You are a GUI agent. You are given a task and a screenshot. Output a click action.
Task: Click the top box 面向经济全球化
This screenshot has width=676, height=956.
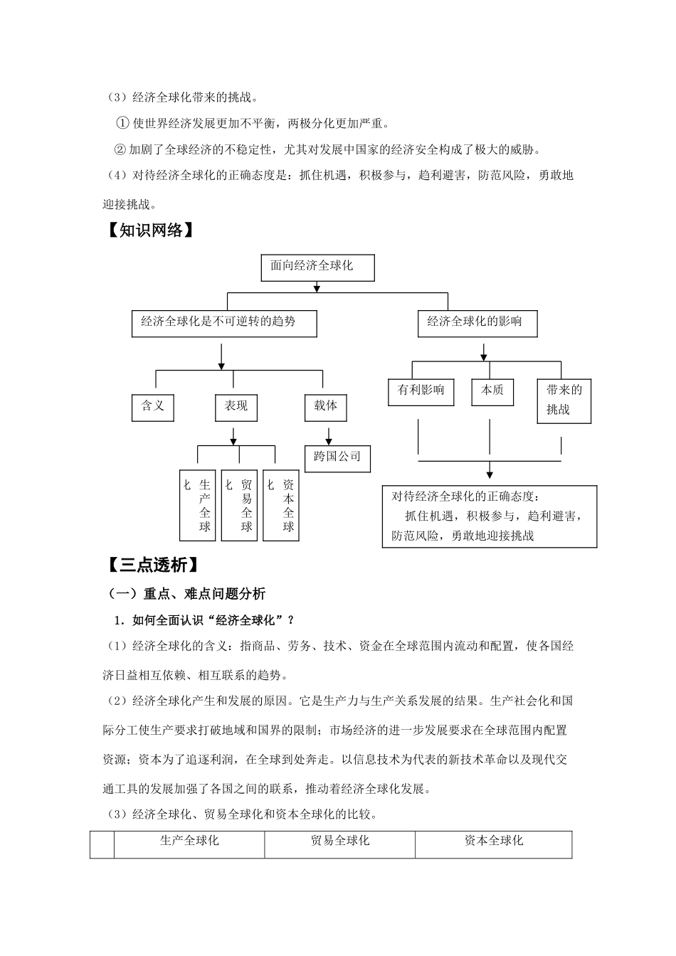pyautogui.click(x=317, y=267)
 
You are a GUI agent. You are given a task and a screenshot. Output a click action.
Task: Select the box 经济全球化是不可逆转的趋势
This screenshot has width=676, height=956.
pyautogui.click(x=224, y=323)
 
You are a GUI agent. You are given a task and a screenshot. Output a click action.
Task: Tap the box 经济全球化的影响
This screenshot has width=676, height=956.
pyautogui.click(x=477, y=323)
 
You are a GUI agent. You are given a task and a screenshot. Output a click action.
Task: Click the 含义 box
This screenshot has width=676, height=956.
pyautogui.click(x=153, y=406)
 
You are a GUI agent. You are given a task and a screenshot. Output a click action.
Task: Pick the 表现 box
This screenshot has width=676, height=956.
pyautogui.click(x=236, y=406)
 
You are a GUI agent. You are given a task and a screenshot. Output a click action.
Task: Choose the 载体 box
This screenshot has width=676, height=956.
pyautogui.click(x=326, y=406)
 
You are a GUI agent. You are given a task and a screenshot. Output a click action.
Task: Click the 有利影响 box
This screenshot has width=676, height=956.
pyautogui.click(x=421, y=391)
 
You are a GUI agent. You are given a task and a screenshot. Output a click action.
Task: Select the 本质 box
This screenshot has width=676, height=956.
pyautogui.click(x=492, y=391)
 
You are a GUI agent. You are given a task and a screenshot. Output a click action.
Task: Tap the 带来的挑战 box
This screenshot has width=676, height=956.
pyautogui.click(x=564, y=400)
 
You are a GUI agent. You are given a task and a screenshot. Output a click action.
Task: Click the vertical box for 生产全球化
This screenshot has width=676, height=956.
pyautogui.click(x=197, y=505)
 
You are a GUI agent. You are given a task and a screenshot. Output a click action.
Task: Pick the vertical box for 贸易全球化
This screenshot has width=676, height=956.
pyautogui.click(x=239, y=505)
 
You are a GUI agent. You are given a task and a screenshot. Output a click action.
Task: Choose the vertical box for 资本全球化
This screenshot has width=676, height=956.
pyautogui.click(x=280, y=505)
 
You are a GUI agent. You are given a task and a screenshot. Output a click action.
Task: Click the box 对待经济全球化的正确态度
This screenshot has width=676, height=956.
pyautogui.click(x=489, y=516)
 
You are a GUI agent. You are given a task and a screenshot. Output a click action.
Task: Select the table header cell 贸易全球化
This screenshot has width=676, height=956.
pyautogui.click(x=340, y=842)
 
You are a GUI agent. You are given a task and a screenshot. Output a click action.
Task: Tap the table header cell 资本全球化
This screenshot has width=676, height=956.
pyautogui.click(x=494, y=842)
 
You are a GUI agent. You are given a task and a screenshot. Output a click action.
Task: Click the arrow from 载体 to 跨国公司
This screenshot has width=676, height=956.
pyautogui.click(x=328, y=435)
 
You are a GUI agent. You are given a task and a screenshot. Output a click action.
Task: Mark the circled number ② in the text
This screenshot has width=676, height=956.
pyautogui.click(x=120, y=149)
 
